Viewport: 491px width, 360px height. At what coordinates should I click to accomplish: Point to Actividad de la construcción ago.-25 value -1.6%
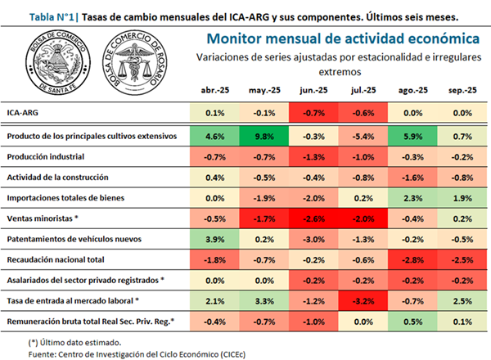click(412, 176)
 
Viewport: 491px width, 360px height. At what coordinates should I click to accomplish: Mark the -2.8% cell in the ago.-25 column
click(412, 259)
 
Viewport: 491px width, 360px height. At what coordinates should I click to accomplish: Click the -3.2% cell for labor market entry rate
click(363, 301)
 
